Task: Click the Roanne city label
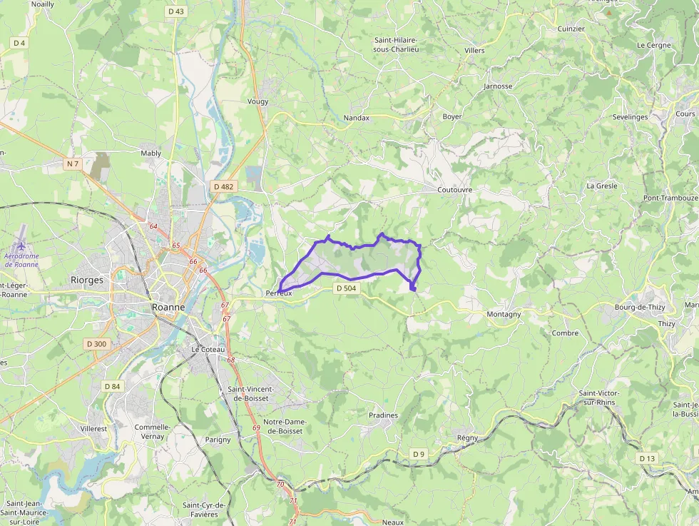click(168, 307)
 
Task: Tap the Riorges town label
click(87, 280)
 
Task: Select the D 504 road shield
click(347, 288)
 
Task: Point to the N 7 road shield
click(72, 164)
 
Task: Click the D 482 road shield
click(223, 186)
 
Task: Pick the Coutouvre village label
click(455, 190)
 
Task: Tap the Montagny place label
click(504, 314)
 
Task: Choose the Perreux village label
click(279, 293)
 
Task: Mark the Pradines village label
click(384, 415)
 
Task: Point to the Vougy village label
click(258, 101)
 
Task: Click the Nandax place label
click(356, 118)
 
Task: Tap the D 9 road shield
click(419, 454)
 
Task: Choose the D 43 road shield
click(175, 11)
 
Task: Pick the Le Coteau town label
click(208, 350)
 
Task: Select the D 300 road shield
click(96, 344)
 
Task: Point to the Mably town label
click(151, 153)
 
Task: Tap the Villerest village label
click(93, 429)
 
